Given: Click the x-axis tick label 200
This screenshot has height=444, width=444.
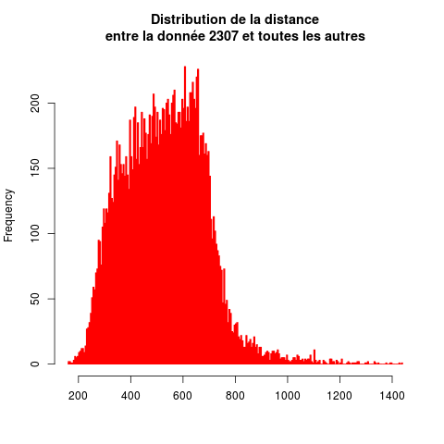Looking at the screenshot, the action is pos(78,396).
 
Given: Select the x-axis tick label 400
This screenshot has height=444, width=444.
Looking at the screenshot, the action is pos(130,396).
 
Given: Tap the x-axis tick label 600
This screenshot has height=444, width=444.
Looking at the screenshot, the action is pos(182,396).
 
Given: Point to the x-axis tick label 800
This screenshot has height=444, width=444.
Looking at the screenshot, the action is pos(235,396).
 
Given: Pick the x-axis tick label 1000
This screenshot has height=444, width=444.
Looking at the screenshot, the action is pos(288,396).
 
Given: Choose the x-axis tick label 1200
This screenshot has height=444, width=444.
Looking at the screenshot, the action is pos(339,396).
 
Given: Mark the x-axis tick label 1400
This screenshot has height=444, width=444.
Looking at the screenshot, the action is pos(392,396).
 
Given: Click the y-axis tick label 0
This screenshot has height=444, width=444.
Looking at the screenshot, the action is pos(35,364).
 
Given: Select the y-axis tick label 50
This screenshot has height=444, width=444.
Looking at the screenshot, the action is pos(35,299).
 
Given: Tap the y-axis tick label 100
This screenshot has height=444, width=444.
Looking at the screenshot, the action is pos(35,233).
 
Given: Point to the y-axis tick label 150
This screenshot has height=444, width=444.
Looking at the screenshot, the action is pos(35,168).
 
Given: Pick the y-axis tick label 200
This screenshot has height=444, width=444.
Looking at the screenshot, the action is pos(35,103).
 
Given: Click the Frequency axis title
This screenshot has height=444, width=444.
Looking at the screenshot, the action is pos(8,216).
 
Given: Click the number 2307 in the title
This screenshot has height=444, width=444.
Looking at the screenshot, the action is pos(223,36).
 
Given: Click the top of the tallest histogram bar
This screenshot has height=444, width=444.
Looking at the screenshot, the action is pos(185,67).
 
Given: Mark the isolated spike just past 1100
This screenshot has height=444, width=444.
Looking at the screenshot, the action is pos(314,351).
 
